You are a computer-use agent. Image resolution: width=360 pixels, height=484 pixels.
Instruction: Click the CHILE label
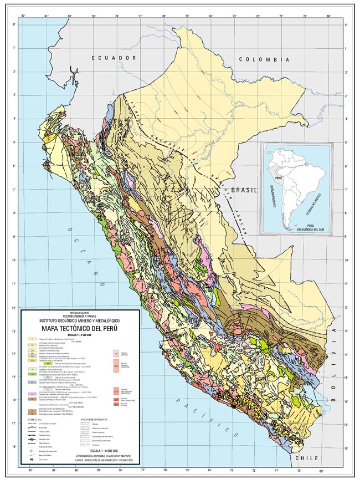click(x=307, y=460)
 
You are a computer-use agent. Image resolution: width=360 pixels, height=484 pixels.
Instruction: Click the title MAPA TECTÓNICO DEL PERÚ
click(x=81, y=328)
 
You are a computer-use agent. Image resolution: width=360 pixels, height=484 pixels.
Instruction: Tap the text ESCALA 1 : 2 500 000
click(x=81, y=335)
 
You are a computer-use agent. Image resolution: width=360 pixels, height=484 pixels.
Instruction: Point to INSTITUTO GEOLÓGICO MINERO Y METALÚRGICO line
click(x=81, y=321)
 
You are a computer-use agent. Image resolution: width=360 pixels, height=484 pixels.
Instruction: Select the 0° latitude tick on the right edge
click(x=346, y=25)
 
